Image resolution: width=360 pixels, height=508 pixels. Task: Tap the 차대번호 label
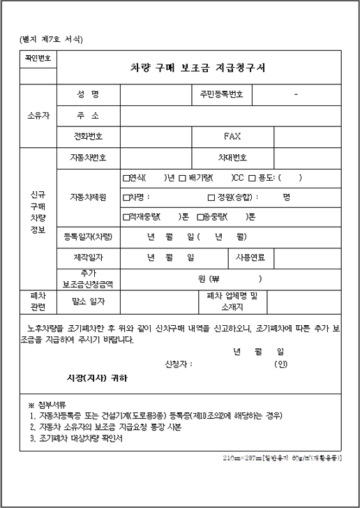click(232, 158)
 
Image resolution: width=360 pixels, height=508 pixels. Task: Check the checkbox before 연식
click(126, 178)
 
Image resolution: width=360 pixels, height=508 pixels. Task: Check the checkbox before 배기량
click(181, 178)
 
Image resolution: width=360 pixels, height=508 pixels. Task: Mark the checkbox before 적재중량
click(126, 217)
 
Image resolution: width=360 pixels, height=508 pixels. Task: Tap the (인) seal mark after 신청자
click(280, 364)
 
